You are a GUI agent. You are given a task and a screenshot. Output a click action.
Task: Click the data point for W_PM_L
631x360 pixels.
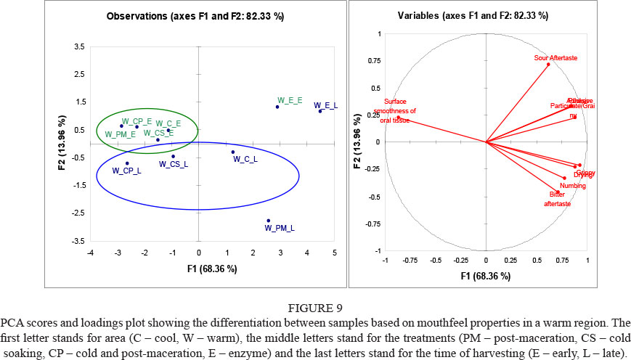pyautogui.click(x=268, y=221)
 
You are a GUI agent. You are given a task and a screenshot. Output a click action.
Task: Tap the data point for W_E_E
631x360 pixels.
pyautogui.click(x=277, y=107)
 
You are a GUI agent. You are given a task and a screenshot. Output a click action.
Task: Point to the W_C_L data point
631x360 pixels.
pyautogui.click(x=232, y=152)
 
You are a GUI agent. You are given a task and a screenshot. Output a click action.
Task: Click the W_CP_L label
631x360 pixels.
pyautogui.click(x=126, y=171)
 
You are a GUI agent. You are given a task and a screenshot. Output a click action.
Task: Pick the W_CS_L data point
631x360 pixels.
pyautogui.click(x=173, y=156)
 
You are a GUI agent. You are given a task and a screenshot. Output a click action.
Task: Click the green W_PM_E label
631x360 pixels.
pyautogui.click(x=120, y=134)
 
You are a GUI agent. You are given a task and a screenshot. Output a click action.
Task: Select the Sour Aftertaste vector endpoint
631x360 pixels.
pyautogui.click(x=548, y=64)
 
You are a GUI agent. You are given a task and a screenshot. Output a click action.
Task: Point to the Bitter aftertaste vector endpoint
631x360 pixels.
pyautogui.click(x=558, y=192)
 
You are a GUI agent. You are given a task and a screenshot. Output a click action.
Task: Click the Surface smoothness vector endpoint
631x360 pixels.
pyautogui.click(x=398, y=117)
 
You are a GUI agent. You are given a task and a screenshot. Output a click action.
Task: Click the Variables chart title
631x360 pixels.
pyautogui.click(x=487, y=15)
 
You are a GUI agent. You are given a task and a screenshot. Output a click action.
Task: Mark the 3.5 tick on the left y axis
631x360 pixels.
pyautogui.click(x=78, y=47)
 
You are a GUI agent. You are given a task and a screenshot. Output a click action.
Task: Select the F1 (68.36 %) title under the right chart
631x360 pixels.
pyautogui.click(x=486, y=277)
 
